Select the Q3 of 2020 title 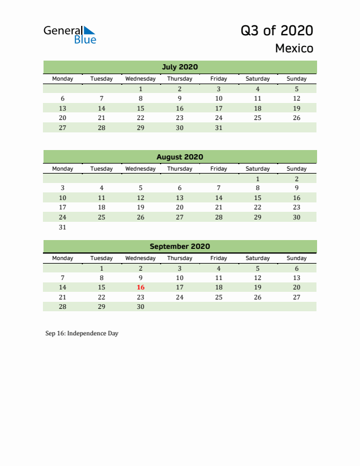(276, 31)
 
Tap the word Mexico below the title (294, 48)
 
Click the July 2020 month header (179, 66)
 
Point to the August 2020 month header (179, 157)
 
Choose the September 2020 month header (179, 247)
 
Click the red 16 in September (141, 287)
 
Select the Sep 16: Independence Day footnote (82, 333)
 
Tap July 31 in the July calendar (219, 127)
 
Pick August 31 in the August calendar (63, 227)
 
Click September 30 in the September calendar (141, 307)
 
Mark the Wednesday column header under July (141, 79)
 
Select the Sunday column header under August (296, 169)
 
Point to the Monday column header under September (63, 258)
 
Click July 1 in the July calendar (141, 89)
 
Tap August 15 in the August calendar (258, 198)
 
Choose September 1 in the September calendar (102, 268)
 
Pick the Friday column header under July (219, 79)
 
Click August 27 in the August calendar (179, 217)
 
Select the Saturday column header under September (258, 258)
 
